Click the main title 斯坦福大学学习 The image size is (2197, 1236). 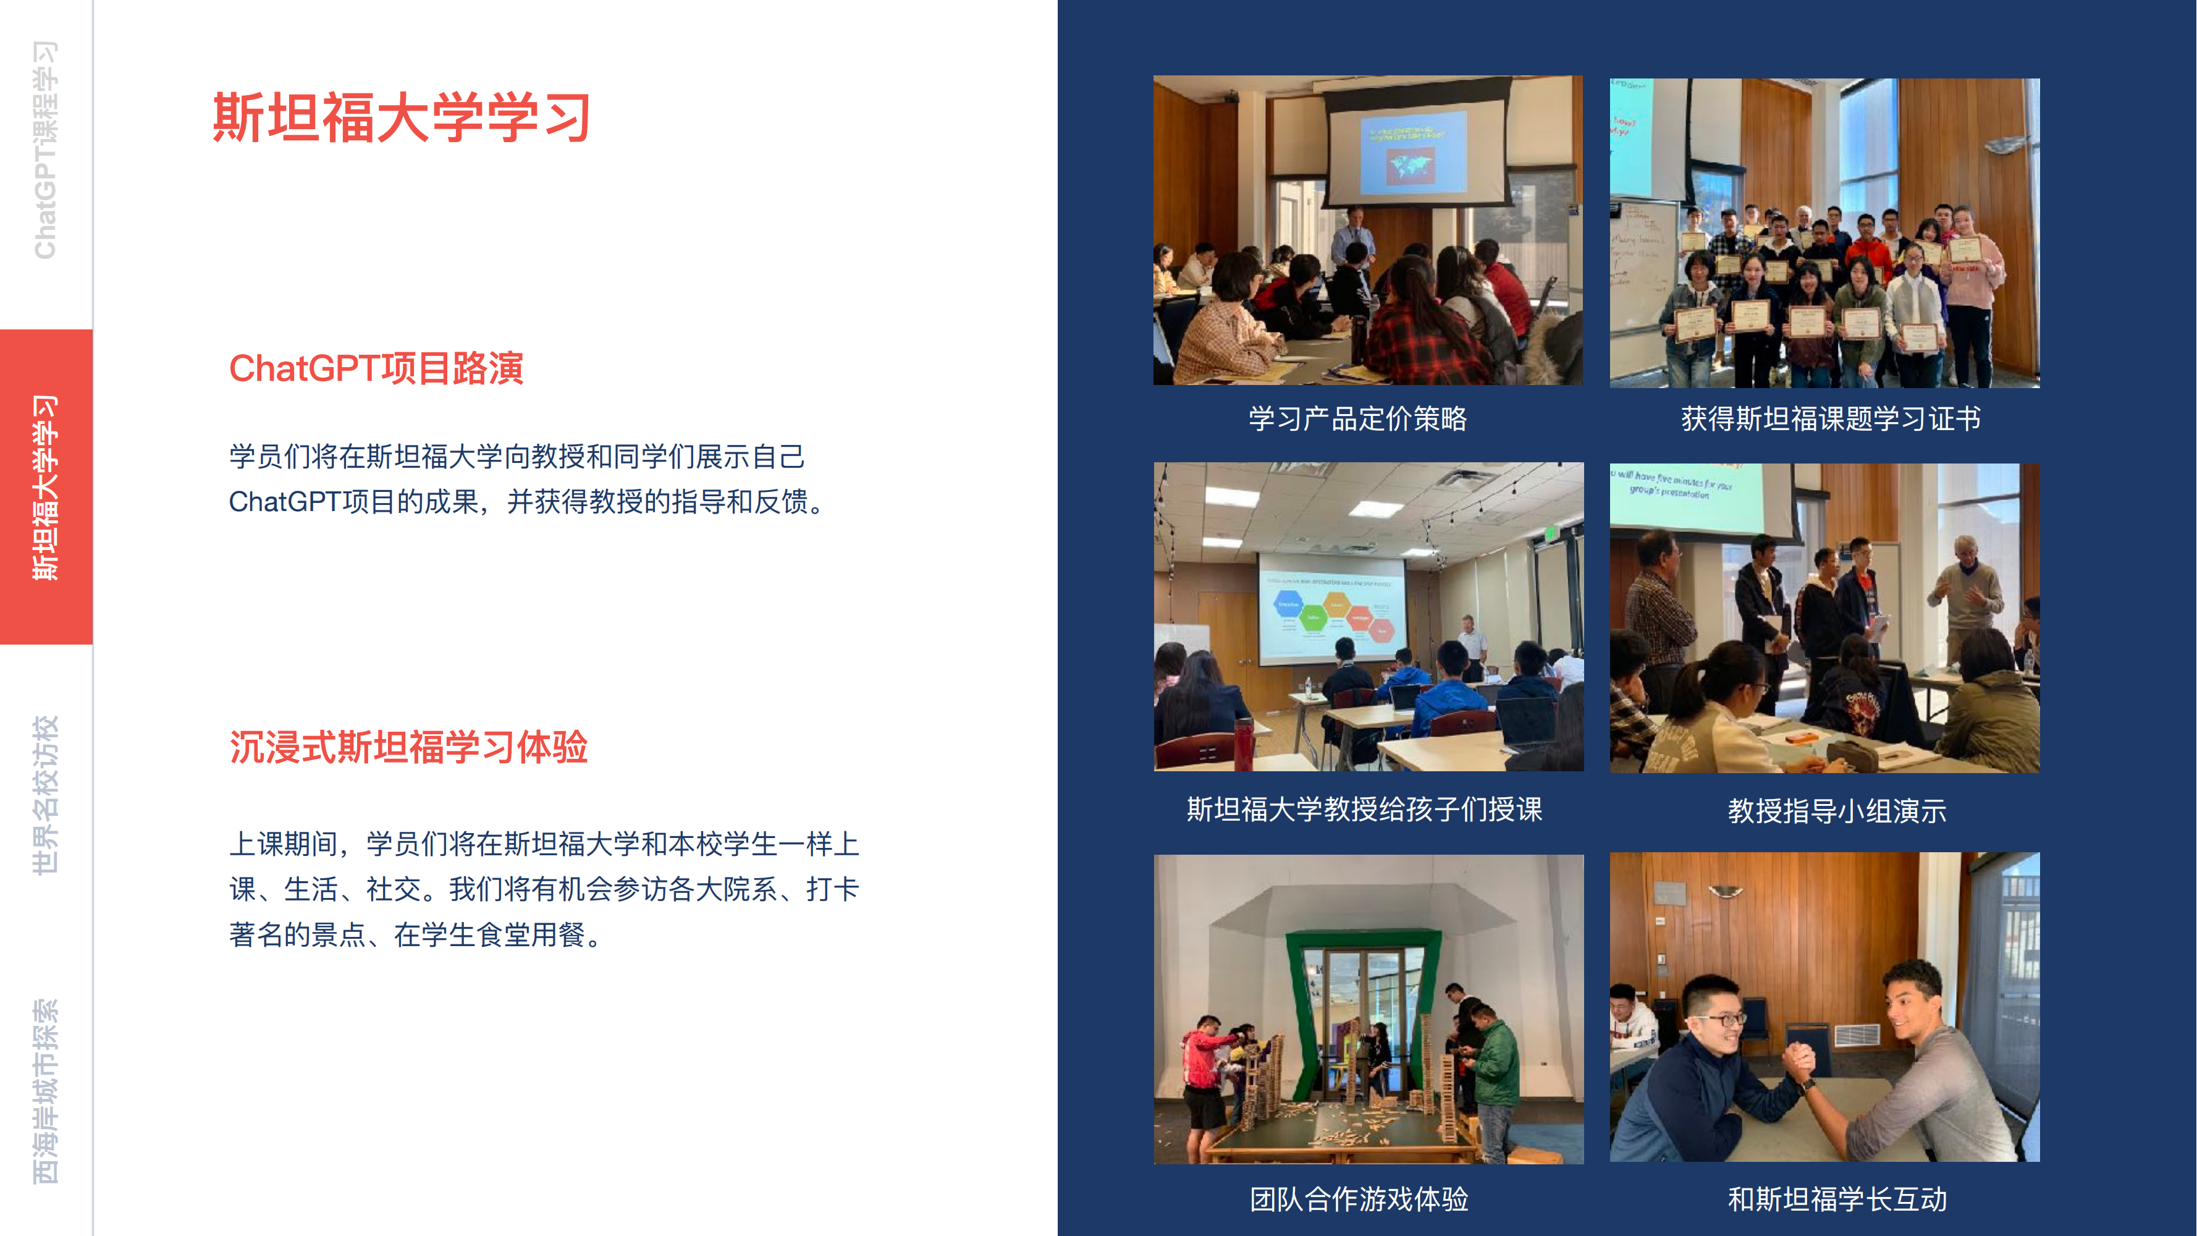point(402,117)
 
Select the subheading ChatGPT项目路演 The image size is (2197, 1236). point(376,368)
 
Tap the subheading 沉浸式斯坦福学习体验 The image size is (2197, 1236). point(408,747)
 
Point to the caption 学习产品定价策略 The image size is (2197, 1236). point(1358,419)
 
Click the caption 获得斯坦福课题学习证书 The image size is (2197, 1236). point(1831,419)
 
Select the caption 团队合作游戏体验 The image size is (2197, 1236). point(1359,1200)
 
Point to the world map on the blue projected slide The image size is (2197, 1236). point(1410,164)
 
